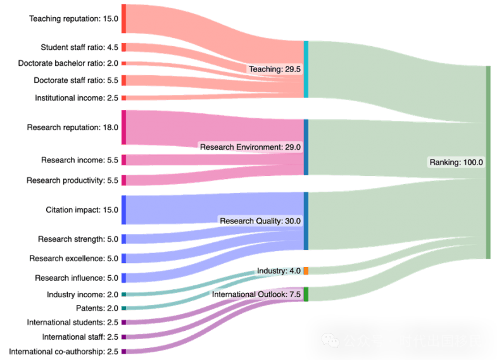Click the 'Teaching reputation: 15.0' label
pos(73,19)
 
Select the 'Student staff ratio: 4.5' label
pos(79,47)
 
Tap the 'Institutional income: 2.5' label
pos(77,98)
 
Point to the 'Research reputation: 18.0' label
pos(72,128)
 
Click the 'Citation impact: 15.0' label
pos(82,210)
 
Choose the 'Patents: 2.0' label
pos(97,308)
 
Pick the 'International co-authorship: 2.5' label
pos(63,351)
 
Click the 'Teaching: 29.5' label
pos(274,69)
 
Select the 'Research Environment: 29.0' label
pos(251,147)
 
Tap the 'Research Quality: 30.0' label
pos(260,221)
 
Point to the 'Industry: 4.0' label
pos(279,271)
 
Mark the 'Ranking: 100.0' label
pos(456,162)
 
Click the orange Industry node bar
pos(306,271)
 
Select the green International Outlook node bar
pos(306,294)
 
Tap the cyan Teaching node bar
pos(306,70)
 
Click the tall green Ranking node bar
pos(488,162)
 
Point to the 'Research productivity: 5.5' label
pos(72,181)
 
